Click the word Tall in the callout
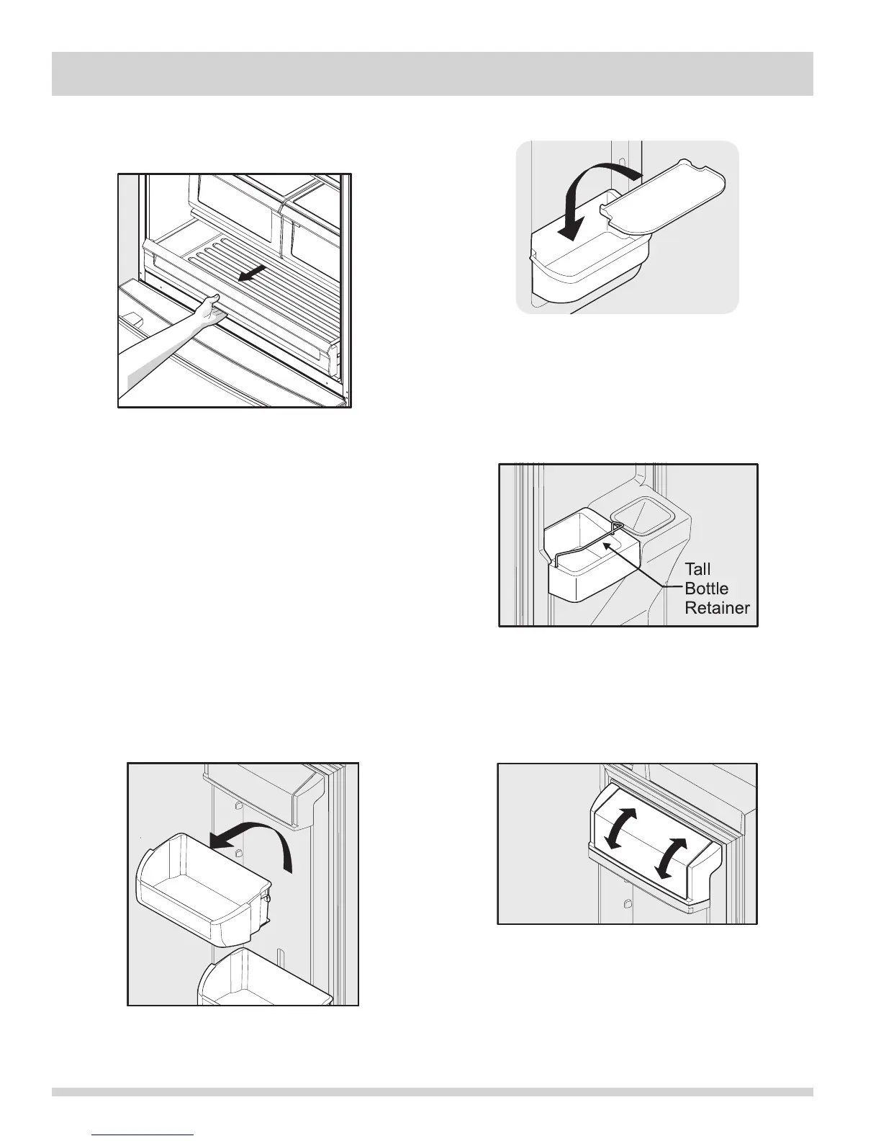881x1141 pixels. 697,570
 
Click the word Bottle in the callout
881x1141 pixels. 706,589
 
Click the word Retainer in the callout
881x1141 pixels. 717,608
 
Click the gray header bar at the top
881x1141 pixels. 432,73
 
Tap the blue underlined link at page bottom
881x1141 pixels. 143,1135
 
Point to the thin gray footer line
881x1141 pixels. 432,1111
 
